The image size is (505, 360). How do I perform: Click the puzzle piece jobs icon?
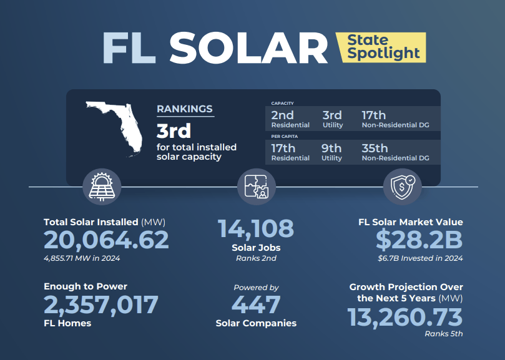257,185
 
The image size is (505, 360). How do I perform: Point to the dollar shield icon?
401,185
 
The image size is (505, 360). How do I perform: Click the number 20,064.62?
106,240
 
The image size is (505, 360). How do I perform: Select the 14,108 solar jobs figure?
256,228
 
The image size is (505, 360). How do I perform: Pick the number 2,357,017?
101,305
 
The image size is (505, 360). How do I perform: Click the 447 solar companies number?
256,305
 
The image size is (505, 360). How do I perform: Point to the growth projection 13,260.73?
405,317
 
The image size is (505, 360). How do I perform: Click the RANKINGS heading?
184,109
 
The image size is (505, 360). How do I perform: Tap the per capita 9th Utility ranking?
332,152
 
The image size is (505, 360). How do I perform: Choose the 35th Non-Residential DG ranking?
395,152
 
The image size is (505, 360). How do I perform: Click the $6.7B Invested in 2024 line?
420,258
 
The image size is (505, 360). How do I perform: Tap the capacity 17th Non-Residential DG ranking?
395,119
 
